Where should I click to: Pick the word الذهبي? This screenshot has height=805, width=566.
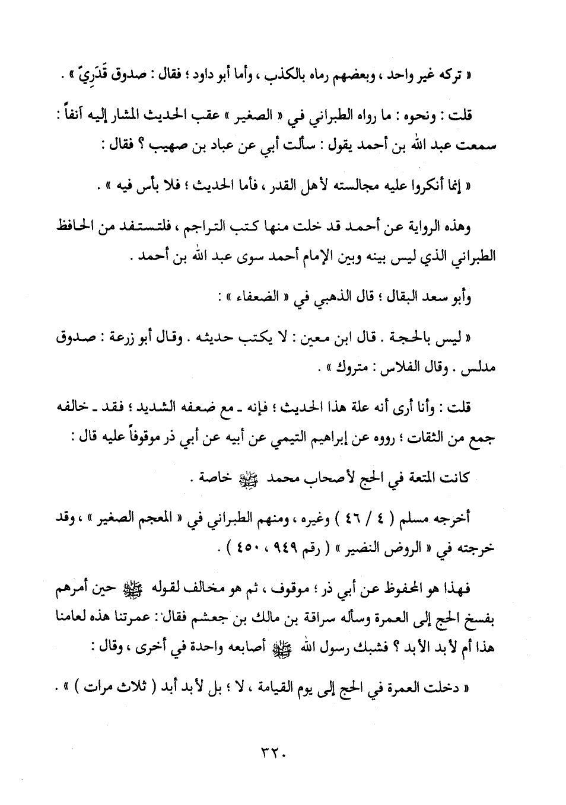[x=326, y=298]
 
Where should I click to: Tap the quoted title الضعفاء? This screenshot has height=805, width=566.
[x=256, y=298]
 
